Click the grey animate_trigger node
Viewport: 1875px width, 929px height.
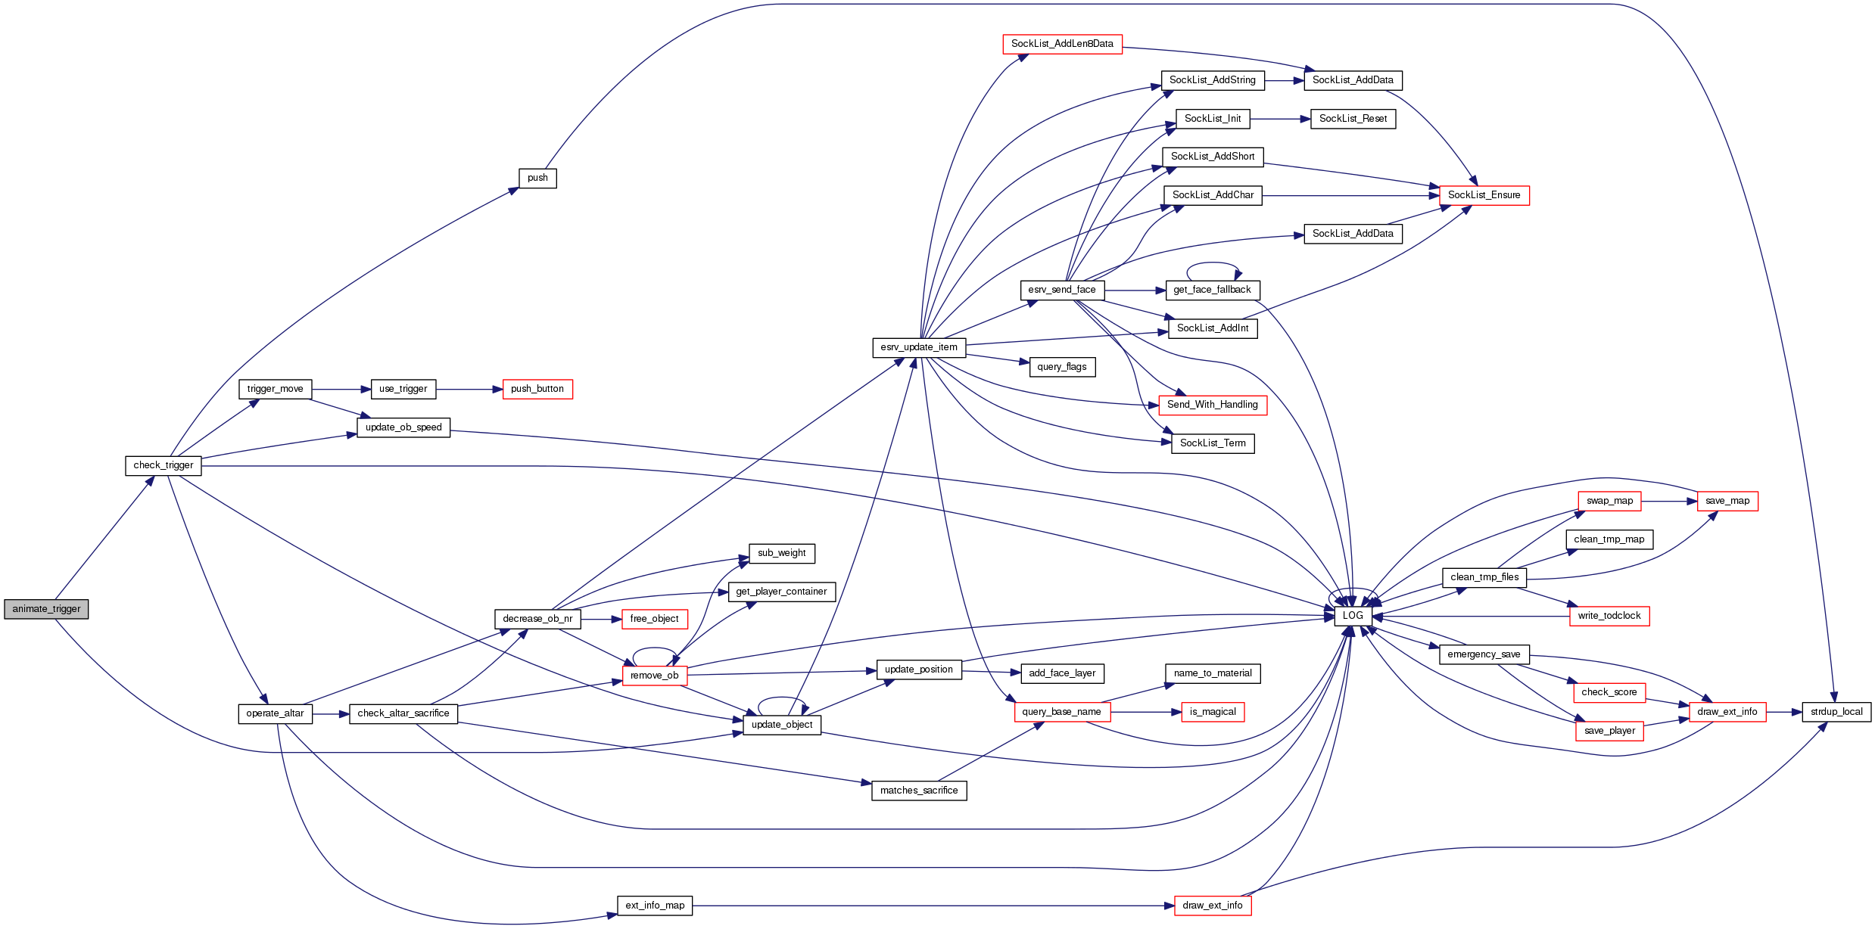46,609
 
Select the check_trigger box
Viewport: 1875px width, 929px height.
164,465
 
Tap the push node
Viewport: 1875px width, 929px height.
537,178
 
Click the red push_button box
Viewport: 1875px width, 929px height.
537,389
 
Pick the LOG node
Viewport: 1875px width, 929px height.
1353,616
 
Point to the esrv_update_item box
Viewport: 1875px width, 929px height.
919,347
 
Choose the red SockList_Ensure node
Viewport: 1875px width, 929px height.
1484,195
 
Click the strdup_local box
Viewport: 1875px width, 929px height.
1836,712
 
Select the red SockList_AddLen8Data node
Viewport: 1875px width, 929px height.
1062,44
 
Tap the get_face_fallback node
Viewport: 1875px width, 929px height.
1212,290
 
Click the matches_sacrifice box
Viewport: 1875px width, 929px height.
919,791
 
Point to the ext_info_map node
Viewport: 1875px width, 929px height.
655,906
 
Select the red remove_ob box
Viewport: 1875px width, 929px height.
655,676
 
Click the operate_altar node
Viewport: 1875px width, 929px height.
275,713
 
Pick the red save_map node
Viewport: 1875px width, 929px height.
1727,501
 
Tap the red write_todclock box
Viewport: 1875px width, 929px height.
1609,616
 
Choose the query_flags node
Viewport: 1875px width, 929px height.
1062,367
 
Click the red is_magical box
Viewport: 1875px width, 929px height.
1213,712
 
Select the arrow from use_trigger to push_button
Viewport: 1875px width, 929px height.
469,390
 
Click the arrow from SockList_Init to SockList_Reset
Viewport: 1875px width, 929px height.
1280,119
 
